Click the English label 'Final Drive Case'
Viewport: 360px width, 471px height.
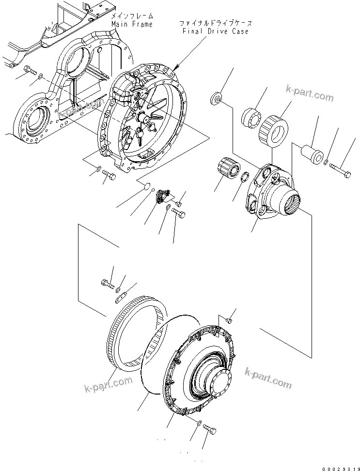[216, 31]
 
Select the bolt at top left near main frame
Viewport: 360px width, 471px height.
[31, 71]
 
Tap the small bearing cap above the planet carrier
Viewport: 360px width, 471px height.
[215, 99]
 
